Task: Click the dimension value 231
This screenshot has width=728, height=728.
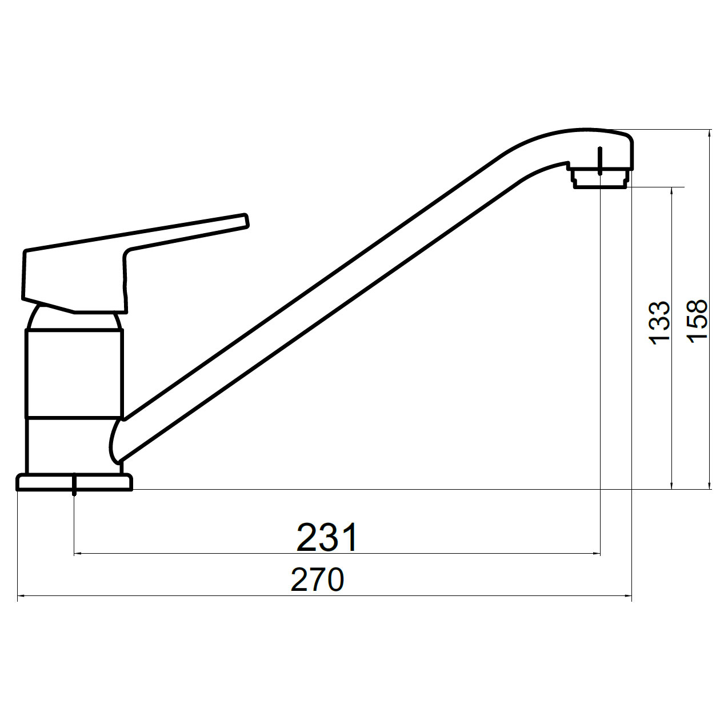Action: point(327,538)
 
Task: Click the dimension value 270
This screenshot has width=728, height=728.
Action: point(317,579)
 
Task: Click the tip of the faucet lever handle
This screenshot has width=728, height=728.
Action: point(246,221)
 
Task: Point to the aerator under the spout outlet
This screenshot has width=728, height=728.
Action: point(601,178)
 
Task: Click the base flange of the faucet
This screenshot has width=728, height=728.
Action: point(74,482)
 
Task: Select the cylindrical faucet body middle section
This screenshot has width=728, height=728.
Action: point(74,373)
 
